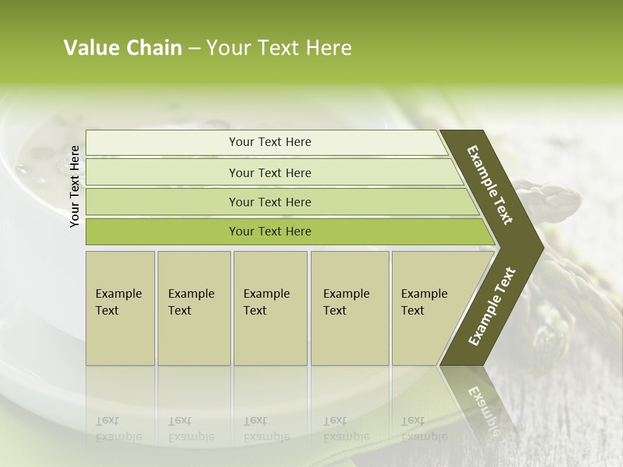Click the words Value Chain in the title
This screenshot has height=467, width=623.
pos(123,48)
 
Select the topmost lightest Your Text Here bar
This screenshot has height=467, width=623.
pos(269,142)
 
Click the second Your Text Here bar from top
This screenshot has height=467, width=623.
pos(269,173)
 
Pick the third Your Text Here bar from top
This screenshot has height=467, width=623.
pos(269,202)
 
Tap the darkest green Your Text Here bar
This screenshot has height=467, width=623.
pos(269,232)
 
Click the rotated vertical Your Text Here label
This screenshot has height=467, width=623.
pos(75,186)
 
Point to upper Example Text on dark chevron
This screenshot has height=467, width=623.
pos(491,186)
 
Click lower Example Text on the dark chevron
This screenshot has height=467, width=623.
pos(492,307)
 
